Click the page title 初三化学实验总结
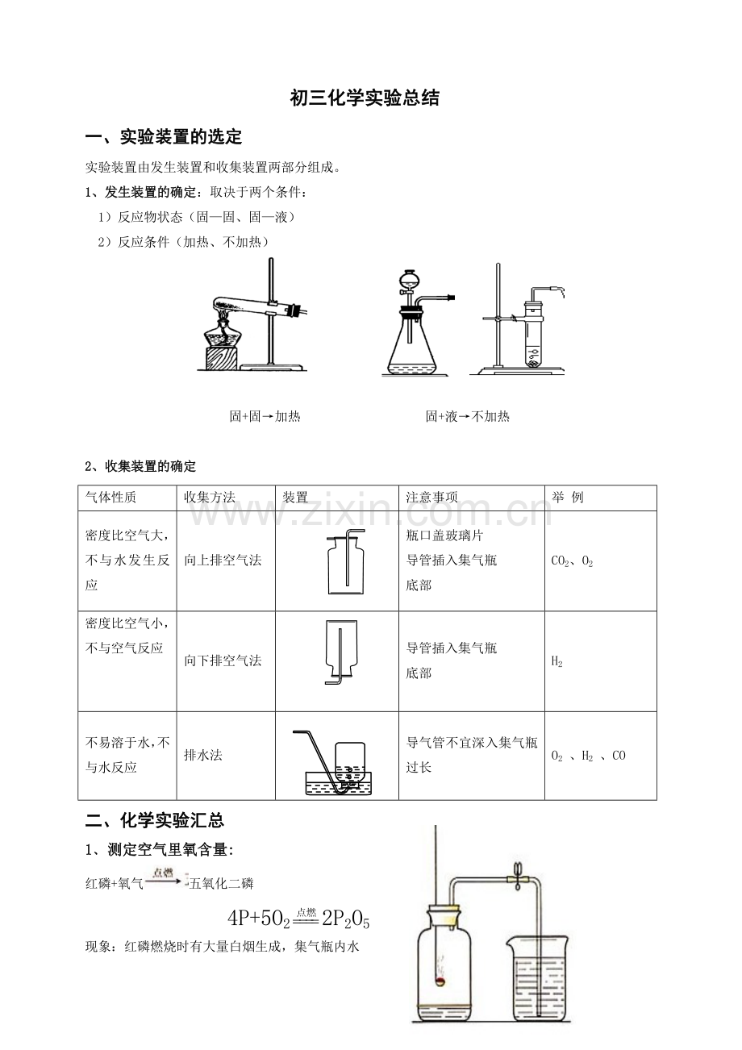365,98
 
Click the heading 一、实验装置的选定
164,137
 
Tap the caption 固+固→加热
265,416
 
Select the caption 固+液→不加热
467,416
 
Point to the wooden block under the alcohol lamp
222,359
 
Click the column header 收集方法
210,498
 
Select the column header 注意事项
431,498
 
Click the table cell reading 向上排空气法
223,560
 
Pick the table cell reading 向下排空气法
223,660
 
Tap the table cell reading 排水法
203,755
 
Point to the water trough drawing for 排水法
339,783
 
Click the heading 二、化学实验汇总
155,820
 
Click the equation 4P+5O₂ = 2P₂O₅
298,919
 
